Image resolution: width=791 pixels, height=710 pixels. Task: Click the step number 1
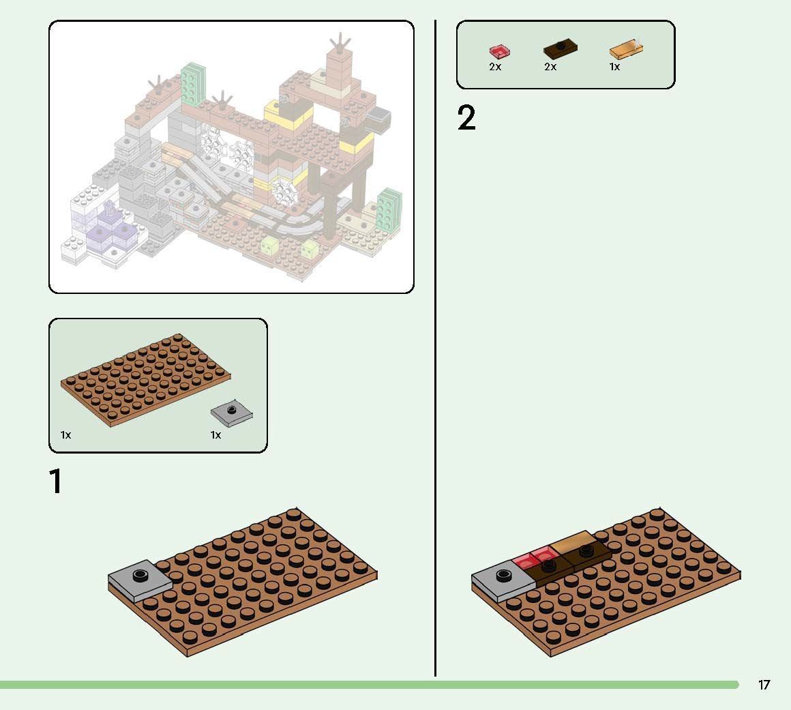pos(57,481)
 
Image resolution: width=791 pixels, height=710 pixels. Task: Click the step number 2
pos(466,118)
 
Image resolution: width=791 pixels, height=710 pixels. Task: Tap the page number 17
pos(764,685)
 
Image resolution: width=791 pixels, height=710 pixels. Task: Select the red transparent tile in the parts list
pos(499,51)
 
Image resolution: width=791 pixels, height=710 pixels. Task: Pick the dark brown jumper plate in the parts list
pos(560,49)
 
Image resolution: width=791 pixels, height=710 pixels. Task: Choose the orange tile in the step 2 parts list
pos(626,50)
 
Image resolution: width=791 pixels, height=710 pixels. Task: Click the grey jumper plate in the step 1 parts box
pos(232,412)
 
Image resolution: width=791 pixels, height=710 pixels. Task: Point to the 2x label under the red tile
pos(495,67)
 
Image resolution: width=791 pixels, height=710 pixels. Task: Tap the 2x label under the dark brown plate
pos(550,67)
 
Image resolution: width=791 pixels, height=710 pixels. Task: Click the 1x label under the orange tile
pos(614,67)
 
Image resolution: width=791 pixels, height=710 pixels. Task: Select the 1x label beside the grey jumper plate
pos(215,434)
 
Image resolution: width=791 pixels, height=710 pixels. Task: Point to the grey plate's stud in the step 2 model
pos(505,575)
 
